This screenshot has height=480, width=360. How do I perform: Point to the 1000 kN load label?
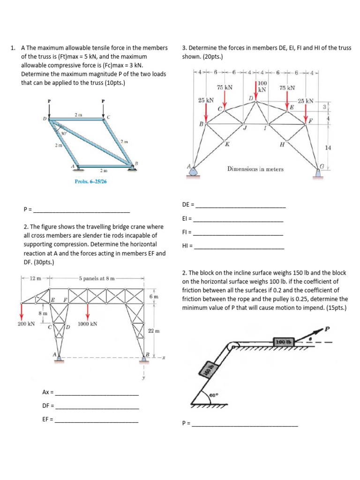pyautogui.click(x=87, y=324)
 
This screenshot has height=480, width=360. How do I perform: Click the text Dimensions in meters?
pyautogui.click(x=255, y=169)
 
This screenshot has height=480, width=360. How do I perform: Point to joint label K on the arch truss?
pyautogui.click(x=227, y=143)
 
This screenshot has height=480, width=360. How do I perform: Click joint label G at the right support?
pyautogui.click(x=322, y=165)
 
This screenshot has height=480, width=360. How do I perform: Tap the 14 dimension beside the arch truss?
pyautogui.click(x=328, y=148)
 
